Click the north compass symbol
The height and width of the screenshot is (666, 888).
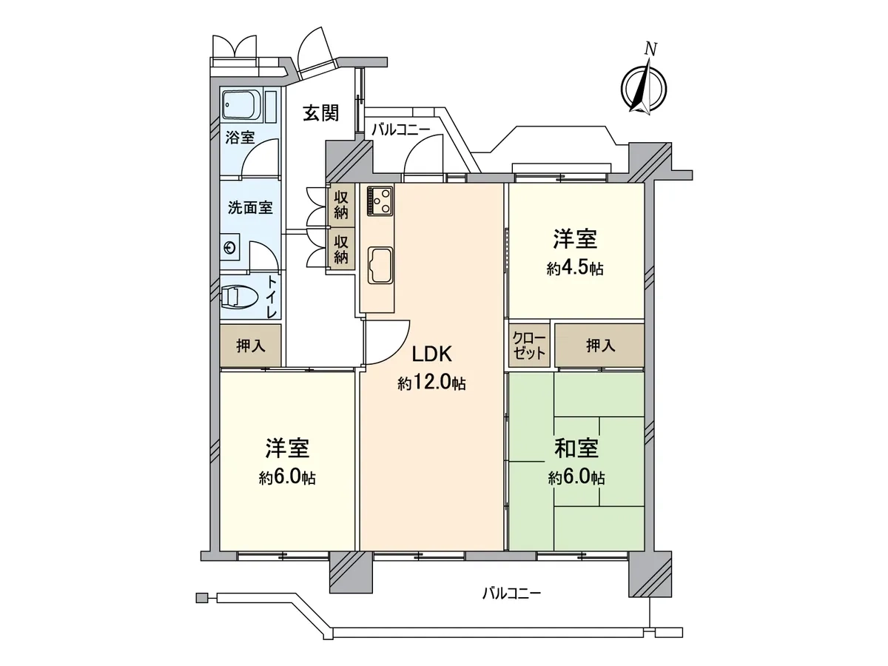[x=644, y=84]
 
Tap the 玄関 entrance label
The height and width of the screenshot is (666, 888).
[x=320, y=113]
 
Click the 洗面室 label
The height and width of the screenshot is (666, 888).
[x=249, y=208]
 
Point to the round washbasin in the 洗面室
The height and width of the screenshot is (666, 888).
[x=230, y=248]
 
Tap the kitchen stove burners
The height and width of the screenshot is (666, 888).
[x=380, y=200]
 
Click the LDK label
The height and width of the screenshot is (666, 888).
[x=431, y=354]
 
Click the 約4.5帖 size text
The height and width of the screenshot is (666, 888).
[x=575, y=269]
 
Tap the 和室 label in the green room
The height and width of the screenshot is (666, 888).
[x=576, y=448]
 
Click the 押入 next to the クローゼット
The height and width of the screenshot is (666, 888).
[x=599, y=346]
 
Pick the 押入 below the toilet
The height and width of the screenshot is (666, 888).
[x=249, y=346]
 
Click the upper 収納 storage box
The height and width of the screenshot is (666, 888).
[x=341, y=203]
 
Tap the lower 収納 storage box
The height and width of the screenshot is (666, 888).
[x=341, y=249]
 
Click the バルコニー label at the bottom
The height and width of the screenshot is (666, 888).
[x=511, y=593]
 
